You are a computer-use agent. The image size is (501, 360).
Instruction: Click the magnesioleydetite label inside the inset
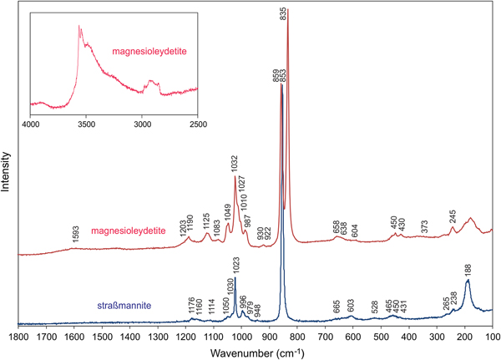tap(148, 52)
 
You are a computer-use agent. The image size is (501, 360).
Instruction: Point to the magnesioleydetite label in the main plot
tap(124, 231)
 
